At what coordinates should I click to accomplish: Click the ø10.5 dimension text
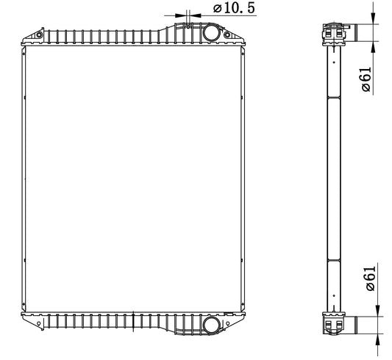[x=234, y=8]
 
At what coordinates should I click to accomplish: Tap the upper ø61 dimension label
[x=366, y=79]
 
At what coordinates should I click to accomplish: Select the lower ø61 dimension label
[x=370, y=278]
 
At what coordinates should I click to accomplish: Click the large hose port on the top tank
[x=212, y=32]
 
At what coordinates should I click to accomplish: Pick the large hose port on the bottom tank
[x=212, y=325]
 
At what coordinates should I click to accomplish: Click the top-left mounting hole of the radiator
[x=39, y=35]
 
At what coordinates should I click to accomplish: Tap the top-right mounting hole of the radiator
[x=227, y=35]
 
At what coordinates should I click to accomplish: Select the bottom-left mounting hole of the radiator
[x=38, y=324]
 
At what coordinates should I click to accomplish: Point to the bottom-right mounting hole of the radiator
[x=227, y=324]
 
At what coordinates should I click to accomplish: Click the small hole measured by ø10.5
[x=188, y=26]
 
